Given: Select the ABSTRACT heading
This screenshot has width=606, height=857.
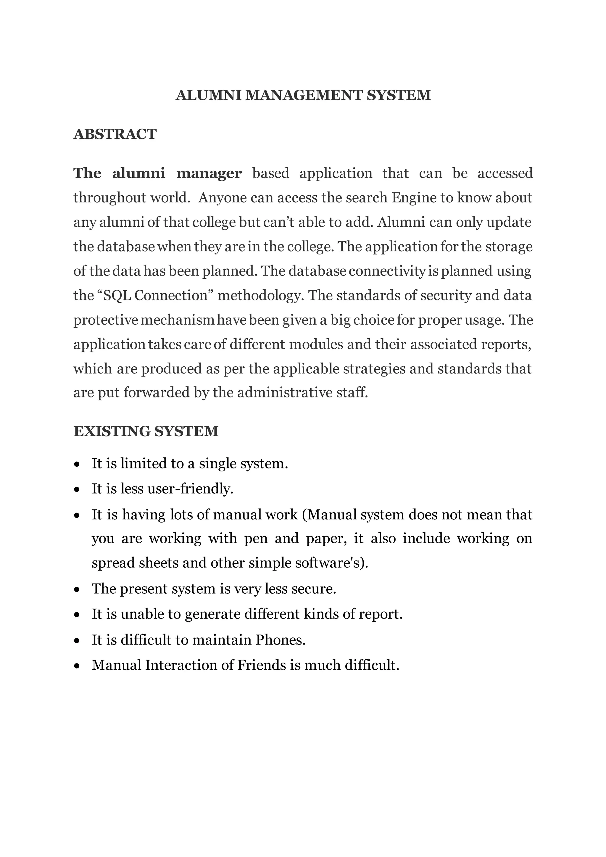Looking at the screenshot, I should click(x=115, y=134).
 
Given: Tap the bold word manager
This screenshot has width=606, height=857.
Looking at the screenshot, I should click(x=209, y=174).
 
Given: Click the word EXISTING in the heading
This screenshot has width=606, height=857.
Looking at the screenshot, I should click(x=112, y=431).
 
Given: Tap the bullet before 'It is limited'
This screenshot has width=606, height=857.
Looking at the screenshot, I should click(x=77, y=465).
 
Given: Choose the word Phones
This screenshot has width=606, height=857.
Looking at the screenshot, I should click(x=280, y=640).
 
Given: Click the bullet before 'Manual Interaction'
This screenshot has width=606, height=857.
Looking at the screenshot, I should click(x=77, y=666).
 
